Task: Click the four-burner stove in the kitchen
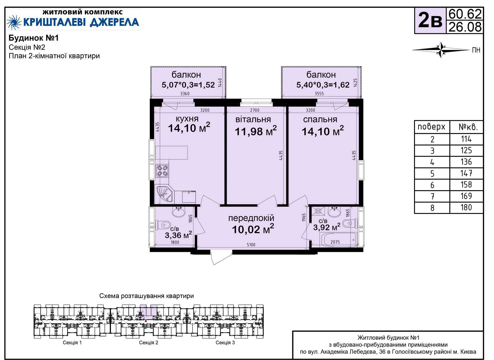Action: [162, 171]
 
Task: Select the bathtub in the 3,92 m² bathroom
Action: [338, 239]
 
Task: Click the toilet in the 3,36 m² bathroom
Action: [163, 225]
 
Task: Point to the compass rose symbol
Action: [441, 50]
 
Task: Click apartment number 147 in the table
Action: [466, 173]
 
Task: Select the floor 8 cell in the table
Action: [432, 208]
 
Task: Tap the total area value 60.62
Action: [465, 14]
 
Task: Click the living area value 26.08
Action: [465, 27]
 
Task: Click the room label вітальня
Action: [253, 119]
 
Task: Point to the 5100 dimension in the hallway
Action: [251, 245]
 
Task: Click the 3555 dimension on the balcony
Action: [319, 94]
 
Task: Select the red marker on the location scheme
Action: [146, 321]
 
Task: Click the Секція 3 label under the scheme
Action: [225, 342]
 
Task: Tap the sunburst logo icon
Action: [14, 22]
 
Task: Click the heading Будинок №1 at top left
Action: [34, 38]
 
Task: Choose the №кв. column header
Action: [468, 127]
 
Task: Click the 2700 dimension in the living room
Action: [255, 110]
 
